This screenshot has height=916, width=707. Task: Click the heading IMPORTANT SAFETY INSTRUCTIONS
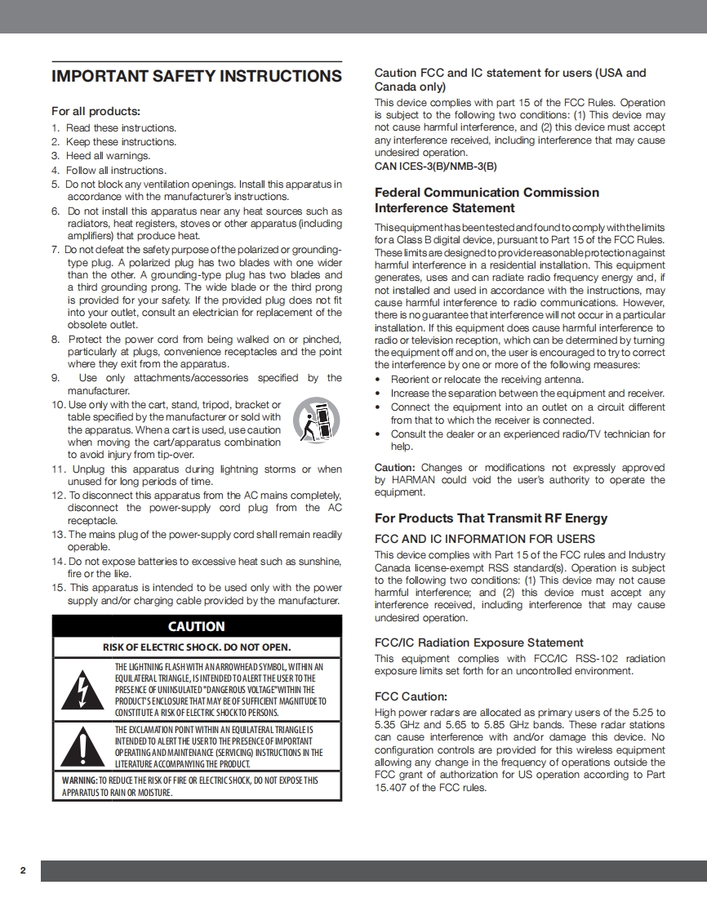tap(196, 77)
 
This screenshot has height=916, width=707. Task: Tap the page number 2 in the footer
tap(23, 870)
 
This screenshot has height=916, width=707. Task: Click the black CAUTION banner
tap(196, 626)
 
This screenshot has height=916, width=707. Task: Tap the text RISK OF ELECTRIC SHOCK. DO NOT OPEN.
tap(196, 647)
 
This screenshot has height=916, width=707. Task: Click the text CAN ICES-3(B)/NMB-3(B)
tap(435, 166)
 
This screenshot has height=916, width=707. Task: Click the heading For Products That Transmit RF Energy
tap(491, 518)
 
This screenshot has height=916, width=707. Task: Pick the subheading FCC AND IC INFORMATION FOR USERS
tap(484, 539)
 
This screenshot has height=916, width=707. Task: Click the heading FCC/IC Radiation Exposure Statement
tap(478, 643)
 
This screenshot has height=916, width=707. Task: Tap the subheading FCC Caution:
tap(411, 696)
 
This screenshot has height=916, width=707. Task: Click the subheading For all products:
tap(96, 111)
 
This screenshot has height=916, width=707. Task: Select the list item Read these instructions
tap(121, 128)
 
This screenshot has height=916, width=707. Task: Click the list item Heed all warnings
tap(108, 156)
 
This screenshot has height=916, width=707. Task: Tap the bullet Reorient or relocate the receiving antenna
tap(487, 380)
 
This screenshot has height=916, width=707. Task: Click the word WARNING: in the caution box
tap(80, 780)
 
